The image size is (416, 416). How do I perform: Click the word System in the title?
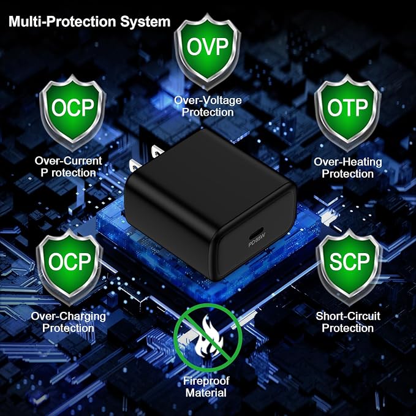145,21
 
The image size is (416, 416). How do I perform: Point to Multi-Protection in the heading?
62,21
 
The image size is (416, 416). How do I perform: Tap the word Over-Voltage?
208,100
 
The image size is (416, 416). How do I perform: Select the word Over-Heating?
348,162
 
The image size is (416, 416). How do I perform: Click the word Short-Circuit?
348,316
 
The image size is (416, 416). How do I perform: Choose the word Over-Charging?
68,316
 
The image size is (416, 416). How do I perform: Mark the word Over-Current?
68,161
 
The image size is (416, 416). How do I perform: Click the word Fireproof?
206,381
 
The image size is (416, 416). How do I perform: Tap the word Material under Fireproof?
206,393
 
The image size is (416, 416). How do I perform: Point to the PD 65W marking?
257,240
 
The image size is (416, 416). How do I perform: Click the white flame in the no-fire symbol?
209,337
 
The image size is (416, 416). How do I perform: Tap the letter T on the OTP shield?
349,108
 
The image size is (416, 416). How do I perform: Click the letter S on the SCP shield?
335,262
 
